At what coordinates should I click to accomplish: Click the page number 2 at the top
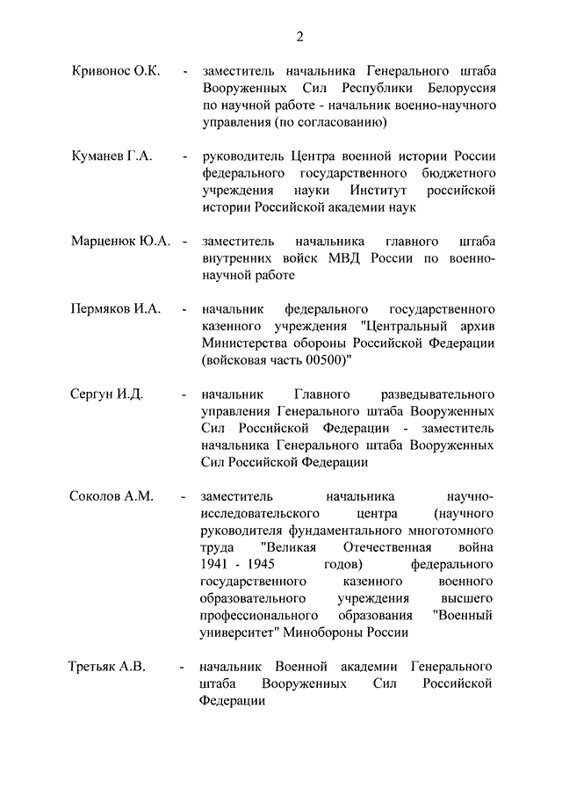pyautogui.click(x=299, y=36)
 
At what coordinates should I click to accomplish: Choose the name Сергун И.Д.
pyautogui.click(x=106, y=394)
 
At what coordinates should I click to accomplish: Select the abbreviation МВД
pyautogui.click(x=345, y=258)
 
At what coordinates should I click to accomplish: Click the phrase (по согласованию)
pyautogui.click(x=311, y=122)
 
